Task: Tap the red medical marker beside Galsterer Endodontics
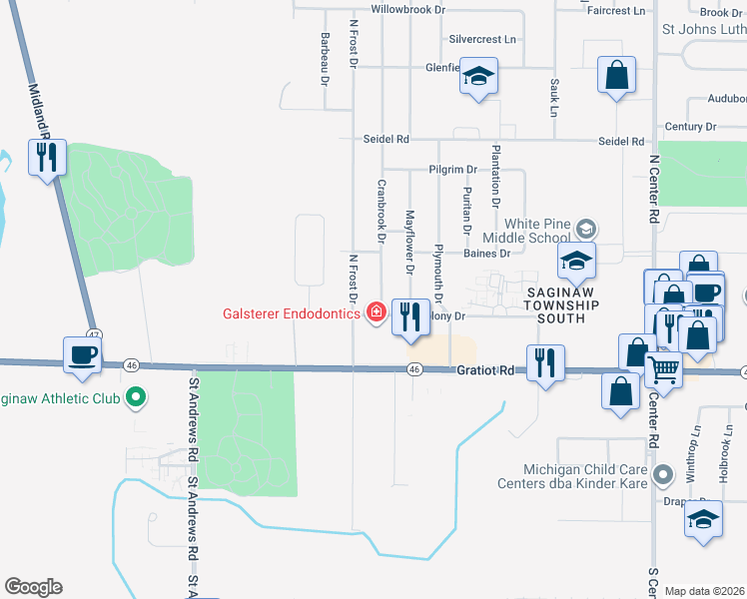[375, 312]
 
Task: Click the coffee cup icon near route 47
[83, 354]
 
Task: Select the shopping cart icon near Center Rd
[664, 370]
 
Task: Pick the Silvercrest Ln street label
[482, 40]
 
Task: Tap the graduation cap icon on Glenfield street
[479, 77]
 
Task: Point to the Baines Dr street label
[486, 254]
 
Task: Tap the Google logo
[33, 587]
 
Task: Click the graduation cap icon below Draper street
[703, 521]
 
